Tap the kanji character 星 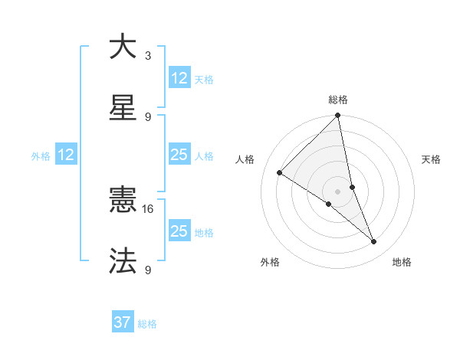[x=123, y=107]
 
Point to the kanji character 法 [x=123, y=260]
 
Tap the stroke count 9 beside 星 [x=148, y=116]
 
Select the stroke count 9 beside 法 [x=148, y=270]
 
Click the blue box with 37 [x=123, y=322]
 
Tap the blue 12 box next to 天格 [x=179, y=78]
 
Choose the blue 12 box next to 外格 [x=66, y=155]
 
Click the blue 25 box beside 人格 [x=179, y=155]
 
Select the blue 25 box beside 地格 [x=179, y=231]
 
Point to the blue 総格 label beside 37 [x=147, y=323]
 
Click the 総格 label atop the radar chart [x=338, y=100]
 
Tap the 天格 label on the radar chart [x=431, y=159]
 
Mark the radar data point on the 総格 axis [x=338, y=116]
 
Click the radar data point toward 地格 [x=374, y=241]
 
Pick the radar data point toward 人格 [x=280, y=173]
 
